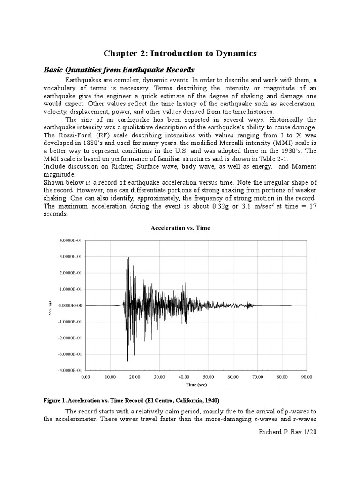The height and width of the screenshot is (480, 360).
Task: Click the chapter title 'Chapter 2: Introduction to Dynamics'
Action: tap(180, 53)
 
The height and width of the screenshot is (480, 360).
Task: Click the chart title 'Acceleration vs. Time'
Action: tap(180, 228)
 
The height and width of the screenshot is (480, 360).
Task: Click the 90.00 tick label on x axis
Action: tap(307, 376)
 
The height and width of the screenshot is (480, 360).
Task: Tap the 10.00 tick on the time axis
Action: tap(110, 376)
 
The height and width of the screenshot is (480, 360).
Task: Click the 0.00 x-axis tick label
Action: tap(86, 376)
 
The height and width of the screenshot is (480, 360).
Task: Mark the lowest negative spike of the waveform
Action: tap(127, 360)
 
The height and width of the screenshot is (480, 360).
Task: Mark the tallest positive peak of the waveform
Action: tap(128, 258)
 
